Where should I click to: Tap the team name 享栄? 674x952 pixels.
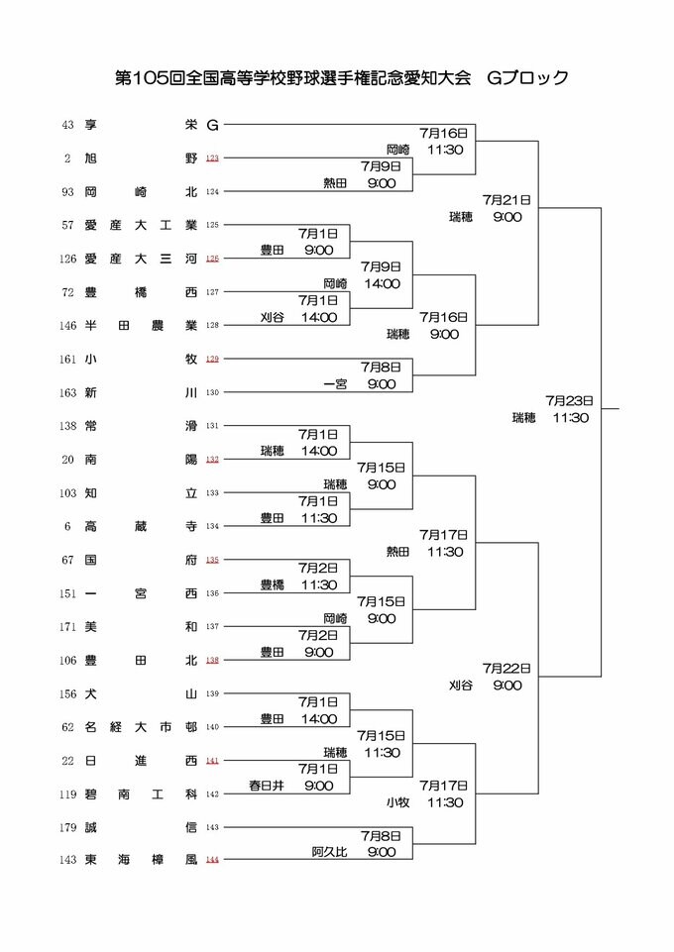(141, 125)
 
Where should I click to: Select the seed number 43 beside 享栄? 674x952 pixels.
(67, 125)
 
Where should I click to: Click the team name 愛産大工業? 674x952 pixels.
(141, 225)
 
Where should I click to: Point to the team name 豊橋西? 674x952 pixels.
(141, 292)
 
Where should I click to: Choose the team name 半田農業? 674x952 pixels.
(141, 325)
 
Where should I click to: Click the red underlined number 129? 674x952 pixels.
(212, 359)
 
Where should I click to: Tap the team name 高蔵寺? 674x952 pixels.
(141, 526)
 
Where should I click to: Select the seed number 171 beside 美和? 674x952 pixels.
(67, 626)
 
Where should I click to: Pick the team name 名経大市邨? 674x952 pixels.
(141, 727)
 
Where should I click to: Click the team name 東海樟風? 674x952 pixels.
(141, 860)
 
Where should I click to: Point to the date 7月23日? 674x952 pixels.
(568, 401)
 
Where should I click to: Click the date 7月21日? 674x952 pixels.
(506, 199)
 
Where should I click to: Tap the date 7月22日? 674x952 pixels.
(506, 669)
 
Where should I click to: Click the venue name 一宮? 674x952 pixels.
(334, 383)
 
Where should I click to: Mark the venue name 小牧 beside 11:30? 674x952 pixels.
(397, 802)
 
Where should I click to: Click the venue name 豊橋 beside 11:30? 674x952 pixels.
(274, 584)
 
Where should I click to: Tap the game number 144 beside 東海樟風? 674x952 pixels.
(212, 860)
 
